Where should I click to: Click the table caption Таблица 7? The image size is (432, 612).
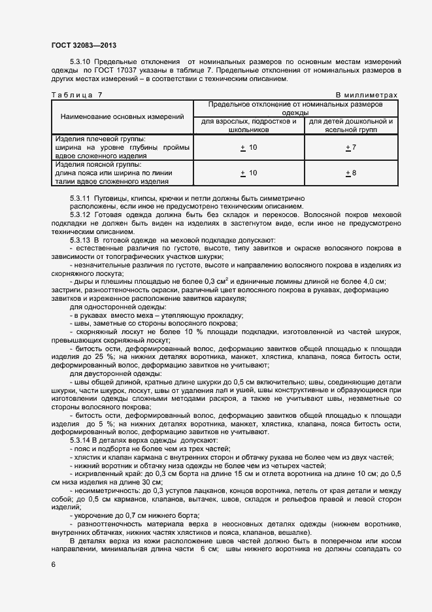(x=76, y=95)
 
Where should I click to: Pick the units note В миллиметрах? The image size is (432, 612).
(x=366, y=95)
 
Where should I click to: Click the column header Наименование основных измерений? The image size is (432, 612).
(x=122, y=116)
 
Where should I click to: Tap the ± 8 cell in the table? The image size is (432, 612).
(x=350, y=173)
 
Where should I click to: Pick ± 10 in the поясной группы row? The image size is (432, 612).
(x=249, y=173)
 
